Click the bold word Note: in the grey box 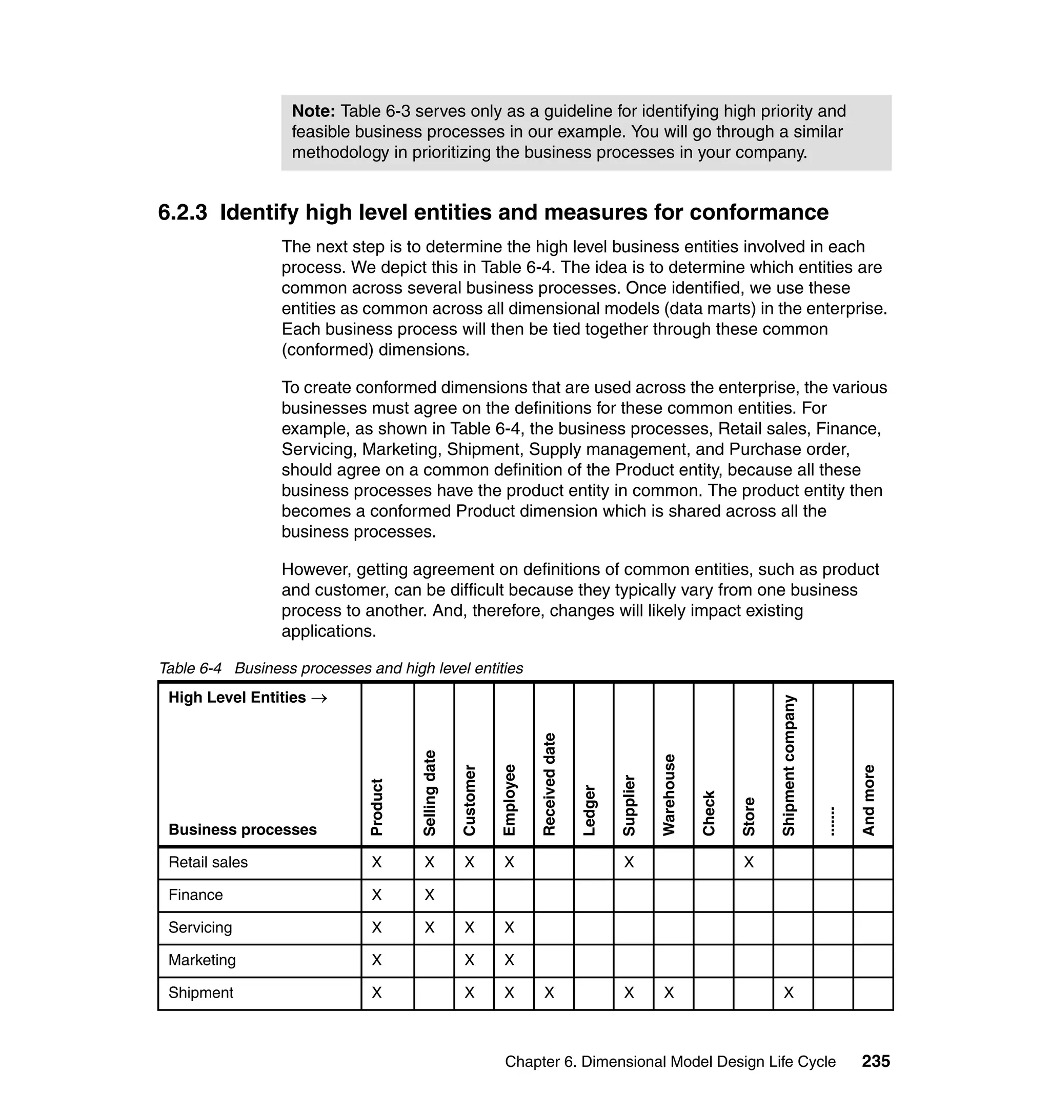coord(313,111)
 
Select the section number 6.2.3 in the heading coord(183,213)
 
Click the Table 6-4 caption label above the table coord(190,668)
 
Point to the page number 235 coord(876,1061)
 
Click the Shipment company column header coord(789,765)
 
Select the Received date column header coord(550,784)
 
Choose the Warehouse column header coord(670,795)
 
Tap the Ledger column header coord(590,810)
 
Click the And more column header coord(869,800)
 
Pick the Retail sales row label coord(208,862)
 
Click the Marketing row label coord(202,960)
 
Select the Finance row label coord(195,895)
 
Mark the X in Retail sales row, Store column coord(749,862)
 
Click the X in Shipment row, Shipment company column coord(789,992)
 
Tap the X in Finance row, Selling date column coord(429,895)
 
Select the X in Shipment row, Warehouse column coord(670,992)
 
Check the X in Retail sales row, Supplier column coord(629,862)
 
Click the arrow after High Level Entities coord(319,698)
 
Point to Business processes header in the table coord(243,829)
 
